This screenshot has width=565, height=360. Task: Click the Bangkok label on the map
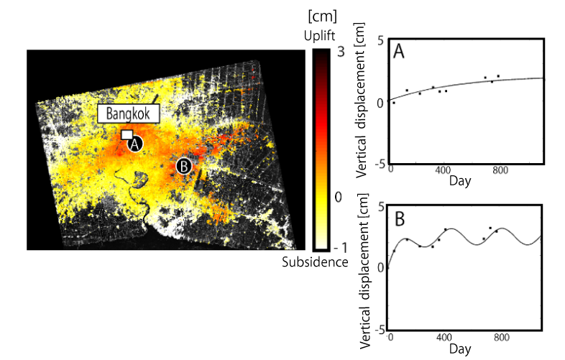pyautogui.click(x=128, y=114)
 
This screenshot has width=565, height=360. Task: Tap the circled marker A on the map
pyautogui.click(x=135, y=144)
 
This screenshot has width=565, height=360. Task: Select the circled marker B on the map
pyautogui.click(x=184, y=166)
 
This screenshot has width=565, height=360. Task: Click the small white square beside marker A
pyautogui.click(x=127, y=134)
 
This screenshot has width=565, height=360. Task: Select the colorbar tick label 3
pyautogui.click(x=341, y=52)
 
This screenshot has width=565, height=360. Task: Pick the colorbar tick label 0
pyautogui.click(x=341, y=197)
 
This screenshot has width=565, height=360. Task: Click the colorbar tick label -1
pyautogui.click(x=339, y=245)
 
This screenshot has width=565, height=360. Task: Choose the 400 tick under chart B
pyautogui.click(x=445, y=336)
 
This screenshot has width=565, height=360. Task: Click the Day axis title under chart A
pyautogui.click(x=460, y=180)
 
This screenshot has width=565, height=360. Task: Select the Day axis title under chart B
pyautogui.click(x=460, y=349)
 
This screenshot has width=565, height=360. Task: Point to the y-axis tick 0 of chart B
pyautogui.click(x=380, y=267)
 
